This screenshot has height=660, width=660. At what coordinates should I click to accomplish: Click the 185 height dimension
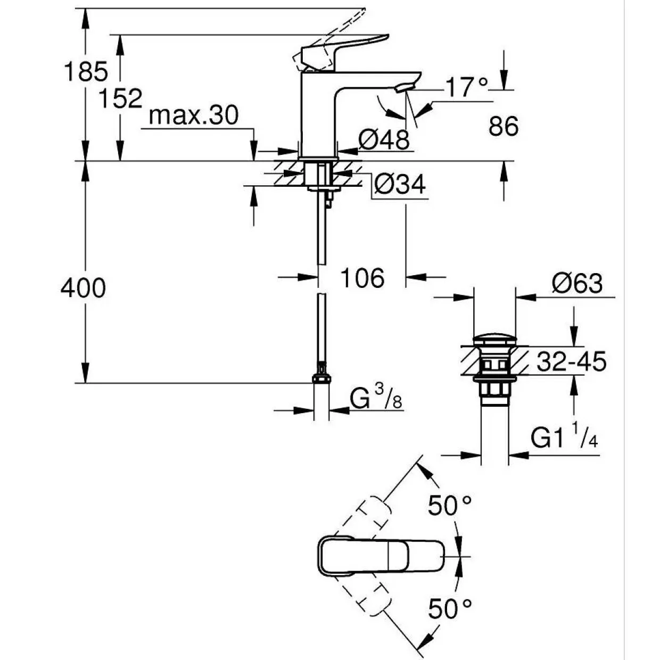click(x=86, y=71)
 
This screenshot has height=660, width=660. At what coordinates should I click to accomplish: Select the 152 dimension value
click(x=121, y=98)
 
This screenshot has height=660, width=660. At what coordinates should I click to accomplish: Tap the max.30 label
click(x=194, y=115)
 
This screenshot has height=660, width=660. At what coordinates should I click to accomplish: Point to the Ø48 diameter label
click(x=384, y=140)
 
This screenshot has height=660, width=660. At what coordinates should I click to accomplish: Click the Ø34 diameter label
click(x=400, y=185)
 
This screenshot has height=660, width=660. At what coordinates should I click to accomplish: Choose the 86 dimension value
click(x=504, y=126)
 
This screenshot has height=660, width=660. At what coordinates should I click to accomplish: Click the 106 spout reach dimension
click(x=362, y=278)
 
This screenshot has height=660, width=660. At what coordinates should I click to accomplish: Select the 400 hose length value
click(x=83, y=288)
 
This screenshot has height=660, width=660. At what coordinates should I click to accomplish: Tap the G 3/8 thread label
click(x=376, y=397)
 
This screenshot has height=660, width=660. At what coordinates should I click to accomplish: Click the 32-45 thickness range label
click(x=571, y=361)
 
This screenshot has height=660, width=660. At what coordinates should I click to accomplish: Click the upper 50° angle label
click(x=450, y=506)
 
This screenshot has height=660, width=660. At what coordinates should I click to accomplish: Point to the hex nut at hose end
click(x=321, y=378)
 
